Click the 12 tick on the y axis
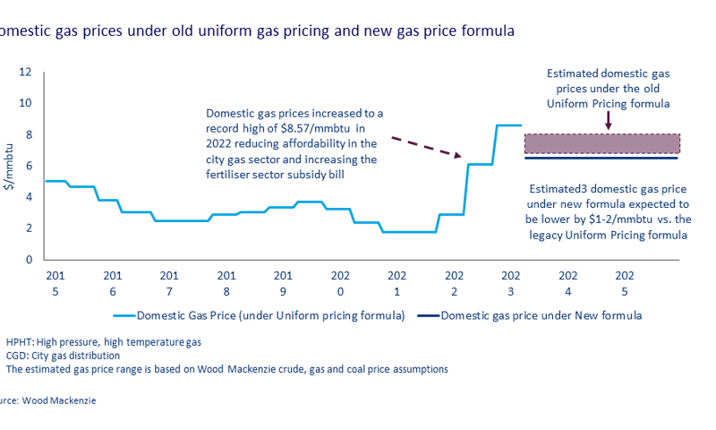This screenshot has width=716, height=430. tap(27, 72)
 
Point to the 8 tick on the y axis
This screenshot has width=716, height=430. tap(29, 134)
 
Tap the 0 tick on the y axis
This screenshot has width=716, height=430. tap(29, 260)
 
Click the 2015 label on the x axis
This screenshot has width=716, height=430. tap(55, 282)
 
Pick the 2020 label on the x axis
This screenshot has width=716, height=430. tap(340, 282)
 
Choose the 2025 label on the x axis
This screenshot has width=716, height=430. tap(625, 282)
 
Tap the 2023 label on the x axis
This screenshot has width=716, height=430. tap(511, 282)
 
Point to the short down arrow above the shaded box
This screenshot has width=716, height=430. tap(609, 121)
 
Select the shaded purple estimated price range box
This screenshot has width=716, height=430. tap(601, 143)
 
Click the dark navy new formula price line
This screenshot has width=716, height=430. tap(601, 159)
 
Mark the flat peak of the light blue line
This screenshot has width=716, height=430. tap(508, 125)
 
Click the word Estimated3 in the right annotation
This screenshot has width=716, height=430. tap(556, 190)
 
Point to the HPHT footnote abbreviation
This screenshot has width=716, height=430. tap(21, 342)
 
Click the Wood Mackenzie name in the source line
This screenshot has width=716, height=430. tap(61, 400)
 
